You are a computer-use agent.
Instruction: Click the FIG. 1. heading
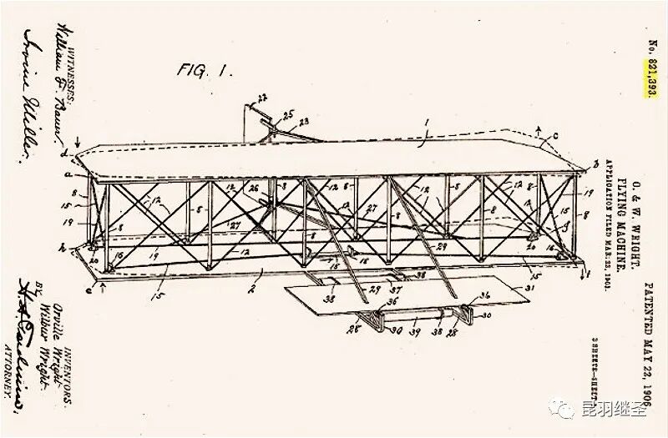point(204,70)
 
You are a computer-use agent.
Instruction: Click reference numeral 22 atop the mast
point(262,98)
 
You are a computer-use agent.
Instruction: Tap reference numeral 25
point(288,114)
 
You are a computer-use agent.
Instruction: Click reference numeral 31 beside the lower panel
point(528,289)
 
